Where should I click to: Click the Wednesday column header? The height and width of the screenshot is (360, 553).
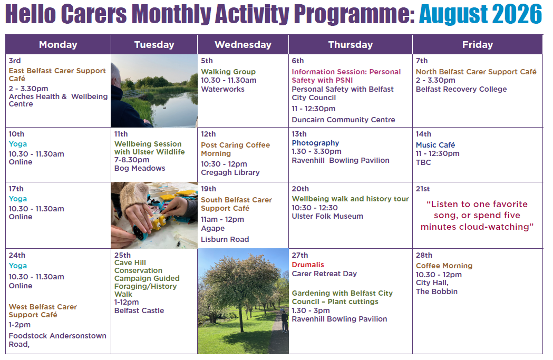tap(243, 44)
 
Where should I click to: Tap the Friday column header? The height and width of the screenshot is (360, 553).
tap(478, 44)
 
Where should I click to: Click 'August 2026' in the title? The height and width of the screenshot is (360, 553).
tap(480, 14)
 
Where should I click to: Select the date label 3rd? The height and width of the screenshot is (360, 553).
tap(15, 61)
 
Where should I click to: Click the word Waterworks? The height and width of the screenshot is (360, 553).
tap(222, 89)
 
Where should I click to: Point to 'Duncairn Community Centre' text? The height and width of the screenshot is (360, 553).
tap(343, 120)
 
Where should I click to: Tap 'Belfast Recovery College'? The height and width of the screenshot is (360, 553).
tap(461, 89)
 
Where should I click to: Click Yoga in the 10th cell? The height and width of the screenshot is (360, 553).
tap(17, 144)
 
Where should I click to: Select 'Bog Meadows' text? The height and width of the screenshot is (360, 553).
tap(140, 168)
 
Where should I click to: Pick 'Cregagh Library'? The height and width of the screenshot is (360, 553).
tap(230, 172)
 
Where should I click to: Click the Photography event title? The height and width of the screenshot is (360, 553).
tap(315, 143)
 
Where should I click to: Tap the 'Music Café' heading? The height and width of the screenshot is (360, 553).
tap(435, 145)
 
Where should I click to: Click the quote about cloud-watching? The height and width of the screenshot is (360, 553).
tap(477, 216)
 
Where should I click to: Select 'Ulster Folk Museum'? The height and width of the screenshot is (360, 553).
tap(327, 216)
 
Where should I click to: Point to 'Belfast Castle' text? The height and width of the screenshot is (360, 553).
tap(139, 310)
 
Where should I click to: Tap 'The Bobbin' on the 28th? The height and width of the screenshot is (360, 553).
tap(436, 291)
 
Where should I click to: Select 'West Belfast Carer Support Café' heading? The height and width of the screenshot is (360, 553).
tap(43, 310)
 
